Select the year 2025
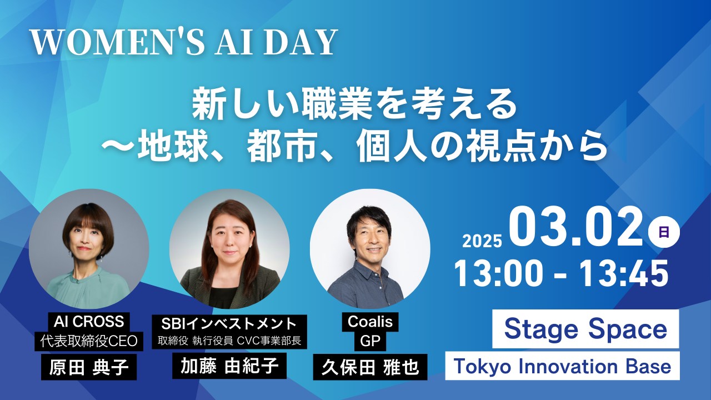tap(483, 241)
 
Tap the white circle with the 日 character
tap(664, 232)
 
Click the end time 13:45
tap(625, 273)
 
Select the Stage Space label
tap(585, 329)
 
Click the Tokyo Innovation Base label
tap(563, 366)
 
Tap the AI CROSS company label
tap(89, 322)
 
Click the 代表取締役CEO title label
tap(89, 341)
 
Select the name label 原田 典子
tap(89, 367)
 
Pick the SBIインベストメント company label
tap(229, 323)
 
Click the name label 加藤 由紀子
tap(229, 366)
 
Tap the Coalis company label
tap(370, 322)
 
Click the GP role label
tap(370, 341)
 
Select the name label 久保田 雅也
tap(370, 367)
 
